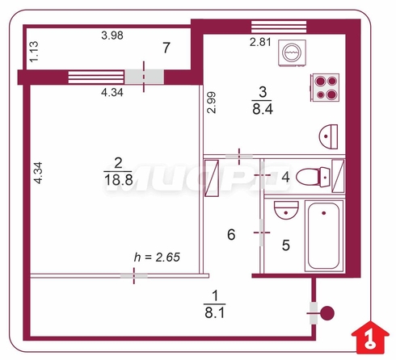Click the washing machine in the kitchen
[292, 52]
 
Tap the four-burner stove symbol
[325, 88]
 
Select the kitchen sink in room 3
[328, 136]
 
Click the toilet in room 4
[313, 177]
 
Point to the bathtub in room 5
[324, 236]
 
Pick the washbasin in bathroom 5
[286, 210]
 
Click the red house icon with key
[370, 337]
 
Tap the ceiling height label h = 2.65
[157, 257]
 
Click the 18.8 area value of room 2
[119, 180]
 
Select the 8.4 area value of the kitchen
[263, 109]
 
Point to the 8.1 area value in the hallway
[215, 313]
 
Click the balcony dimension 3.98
[112, 36]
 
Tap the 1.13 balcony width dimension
[34, 52]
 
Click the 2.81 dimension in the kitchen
[260, 42]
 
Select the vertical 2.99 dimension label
[212, 103]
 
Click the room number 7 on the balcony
[166, 48]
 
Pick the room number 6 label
[231, 235]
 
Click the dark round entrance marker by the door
[328, 313]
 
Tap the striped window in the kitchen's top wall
[279, 27]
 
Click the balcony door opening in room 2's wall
[144, 77]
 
